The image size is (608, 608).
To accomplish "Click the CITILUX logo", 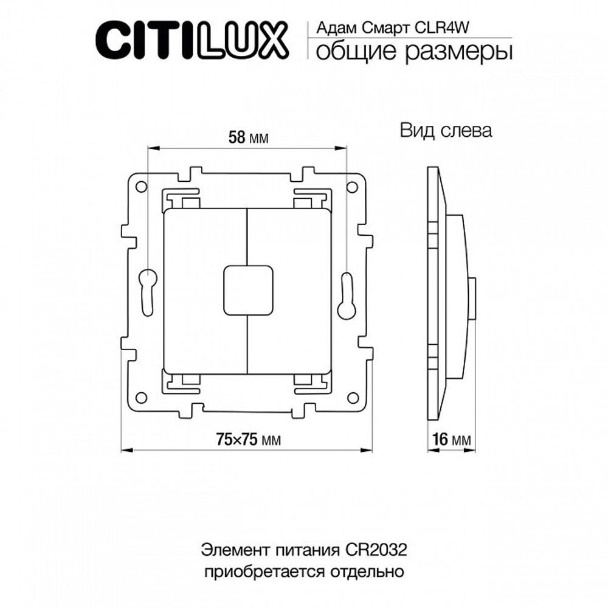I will pyautogui.click(x=189, y=39).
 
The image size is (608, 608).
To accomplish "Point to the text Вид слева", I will pyautogui.click(x=446, y=131).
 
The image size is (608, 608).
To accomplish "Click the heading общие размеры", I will pyautogui.click(x=413, y=52).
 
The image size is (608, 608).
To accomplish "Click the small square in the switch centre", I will pyautogui.click(x=248, y=291).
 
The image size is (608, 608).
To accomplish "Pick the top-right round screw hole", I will pyautogui.click(x=353, y=187).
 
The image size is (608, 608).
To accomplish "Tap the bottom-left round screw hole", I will pyautogui.click(x=141, y=398).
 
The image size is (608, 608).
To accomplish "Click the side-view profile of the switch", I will pyautogui.click(x=450, y=292).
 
